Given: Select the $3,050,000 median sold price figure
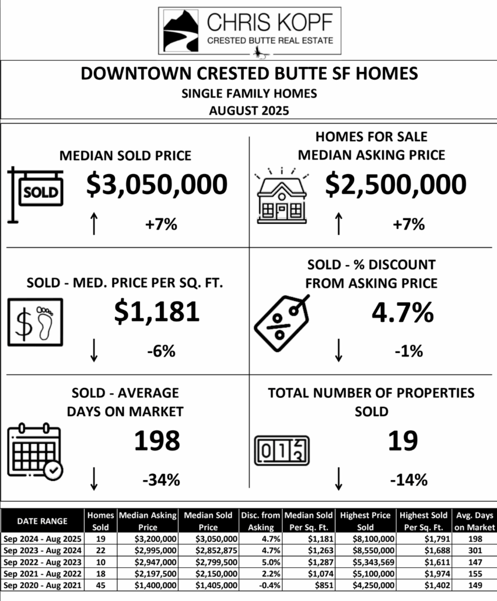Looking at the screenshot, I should [x=156, y=184].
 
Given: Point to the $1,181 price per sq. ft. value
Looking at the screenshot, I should [x=156, y=311].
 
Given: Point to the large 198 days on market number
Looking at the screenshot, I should [x=157, y=441].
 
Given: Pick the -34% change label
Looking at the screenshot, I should [x=160, y=481].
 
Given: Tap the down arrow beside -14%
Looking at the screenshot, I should [x=338, y=479].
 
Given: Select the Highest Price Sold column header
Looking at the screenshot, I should [x=366, y=520].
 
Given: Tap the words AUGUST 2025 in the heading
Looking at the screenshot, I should [x=249, y=110].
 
